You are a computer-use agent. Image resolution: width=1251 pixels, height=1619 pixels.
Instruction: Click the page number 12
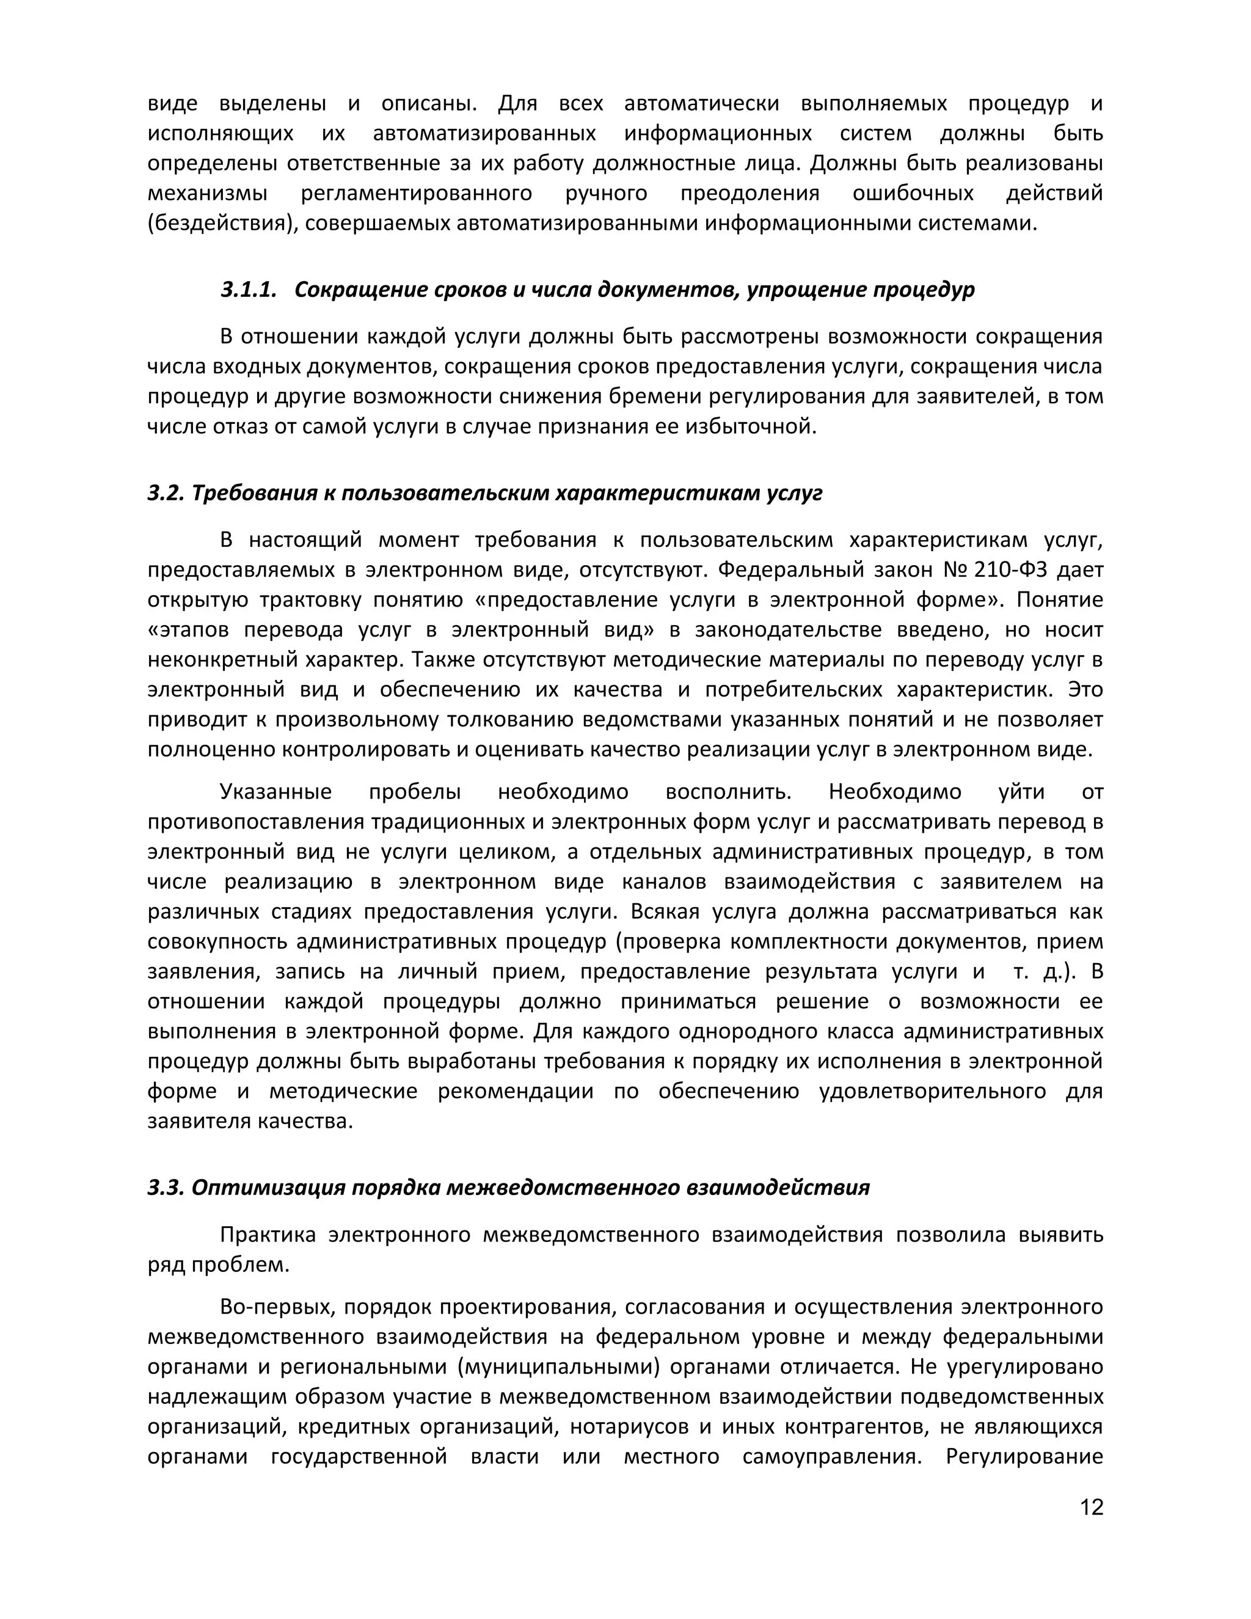coord(1091,1507)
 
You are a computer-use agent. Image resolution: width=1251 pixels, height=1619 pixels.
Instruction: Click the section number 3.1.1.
coord(248,290)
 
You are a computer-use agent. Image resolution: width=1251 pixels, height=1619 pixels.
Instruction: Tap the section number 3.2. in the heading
coord(166,493)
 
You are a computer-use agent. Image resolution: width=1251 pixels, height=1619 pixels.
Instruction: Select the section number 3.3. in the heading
coord(166,1188)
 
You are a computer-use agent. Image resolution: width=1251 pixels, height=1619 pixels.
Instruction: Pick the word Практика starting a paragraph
coord(268,1235)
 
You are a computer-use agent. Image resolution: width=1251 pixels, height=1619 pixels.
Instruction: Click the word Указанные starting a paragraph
coord(275,792)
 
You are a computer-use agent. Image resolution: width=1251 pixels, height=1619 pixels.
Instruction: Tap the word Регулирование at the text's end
coord(1024,1456)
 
